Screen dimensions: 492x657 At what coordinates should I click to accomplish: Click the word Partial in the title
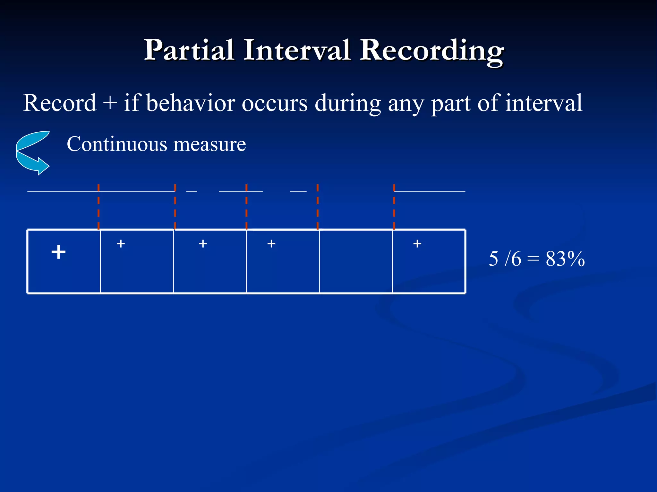pos(189,51)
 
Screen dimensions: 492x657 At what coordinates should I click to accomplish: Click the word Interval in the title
pos(297,51)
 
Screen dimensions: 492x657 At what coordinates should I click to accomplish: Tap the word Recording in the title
pos(431,51)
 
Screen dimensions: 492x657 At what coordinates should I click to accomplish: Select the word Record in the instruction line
pos(60,103)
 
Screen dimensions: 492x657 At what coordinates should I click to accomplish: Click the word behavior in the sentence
pos(191,103)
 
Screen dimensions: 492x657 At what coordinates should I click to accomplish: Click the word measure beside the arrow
pos(209,144)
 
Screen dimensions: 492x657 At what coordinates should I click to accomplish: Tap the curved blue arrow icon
pos(33,153)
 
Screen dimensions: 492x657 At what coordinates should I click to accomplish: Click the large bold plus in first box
pos(58,252)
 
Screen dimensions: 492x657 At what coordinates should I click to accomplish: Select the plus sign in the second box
pos(121,244)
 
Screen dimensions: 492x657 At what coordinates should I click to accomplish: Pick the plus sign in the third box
pos(203,244)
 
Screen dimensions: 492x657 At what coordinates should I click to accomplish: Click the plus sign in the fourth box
pos(271,244)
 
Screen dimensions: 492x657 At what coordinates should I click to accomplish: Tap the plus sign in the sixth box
pos(417,244)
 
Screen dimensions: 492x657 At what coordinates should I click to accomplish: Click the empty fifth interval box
pos(355,261)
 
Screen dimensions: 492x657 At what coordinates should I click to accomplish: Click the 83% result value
pos(565,259)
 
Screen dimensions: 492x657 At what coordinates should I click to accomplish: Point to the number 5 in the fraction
pos(493,259)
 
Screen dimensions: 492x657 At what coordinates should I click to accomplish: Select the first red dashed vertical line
pos(98,207)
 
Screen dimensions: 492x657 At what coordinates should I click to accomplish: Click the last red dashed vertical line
pos(394,207)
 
